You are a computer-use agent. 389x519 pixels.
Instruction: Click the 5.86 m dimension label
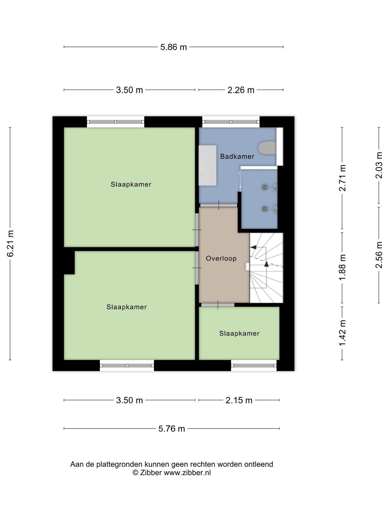coord(173,47)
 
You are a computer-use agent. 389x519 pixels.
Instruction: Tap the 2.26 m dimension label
coord(241,90)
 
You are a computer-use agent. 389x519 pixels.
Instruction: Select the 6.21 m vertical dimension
coord(10,244)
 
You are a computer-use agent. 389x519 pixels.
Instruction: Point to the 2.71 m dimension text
coord(342,178)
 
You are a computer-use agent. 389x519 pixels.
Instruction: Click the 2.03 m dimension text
coord(379,165)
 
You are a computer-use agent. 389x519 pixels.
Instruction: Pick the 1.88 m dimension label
coord(342,268)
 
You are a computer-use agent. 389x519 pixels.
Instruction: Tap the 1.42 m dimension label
coord(342,332)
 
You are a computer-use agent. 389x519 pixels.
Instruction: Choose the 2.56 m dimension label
coord(379,255)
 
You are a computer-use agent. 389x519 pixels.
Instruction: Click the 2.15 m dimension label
coord(239,400)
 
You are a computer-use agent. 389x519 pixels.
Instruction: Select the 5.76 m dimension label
coord(172,428)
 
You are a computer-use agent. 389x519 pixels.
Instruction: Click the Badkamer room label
coord(237,156)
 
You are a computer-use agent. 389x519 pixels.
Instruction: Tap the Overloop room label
coord(221,258)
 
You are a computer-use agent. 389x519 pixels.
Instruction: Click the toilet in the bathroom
coord(267,148)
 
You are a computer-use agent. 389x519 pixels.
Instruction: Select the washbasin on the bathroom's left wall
coord(207,165)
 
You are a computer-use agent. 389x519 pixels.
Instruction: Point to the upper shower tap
coord(270,187)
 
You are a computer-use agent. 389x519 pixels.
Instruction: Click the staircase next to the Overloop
coord(266,268)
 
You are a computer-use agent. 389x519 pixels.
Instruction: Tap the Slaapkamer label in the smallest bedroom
coord(239,334)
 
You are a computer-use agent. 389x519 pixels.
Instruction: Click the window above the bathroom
coord(231,122)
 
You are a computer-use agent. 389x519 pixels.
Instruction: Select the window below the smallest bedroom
coord(254,365)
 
